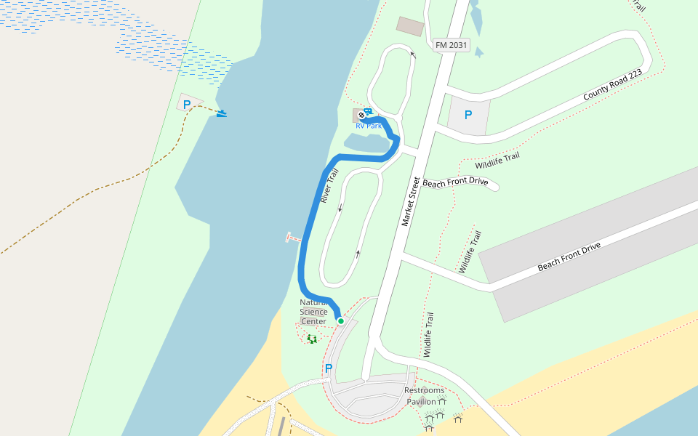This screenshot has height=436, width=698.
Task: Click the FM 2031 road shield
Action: (451, 46)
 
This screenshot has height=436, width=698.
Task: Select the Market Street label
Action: (412, 201)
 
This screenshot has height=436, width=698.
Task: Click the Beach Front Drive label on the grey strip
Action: (569, 257)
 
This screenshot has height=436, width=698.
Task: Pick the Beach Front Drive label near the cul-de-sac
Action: (455, 182)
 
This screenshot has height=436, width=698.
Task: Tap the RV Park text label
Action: (369, 126)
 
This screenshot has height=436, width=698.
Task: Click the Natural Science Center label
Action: (313, 312)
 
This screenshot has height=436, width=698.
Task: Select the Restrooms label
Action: (424, 390)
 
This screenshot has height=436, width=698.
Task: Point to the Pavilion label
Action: (421, 401)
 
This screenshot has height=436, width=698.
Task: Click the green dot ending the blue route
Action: (340, 320)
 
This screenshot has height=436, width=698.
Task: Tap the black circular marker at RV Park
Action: (361, 113)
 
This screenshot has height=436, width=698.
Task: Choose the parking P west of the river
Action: (187, 104)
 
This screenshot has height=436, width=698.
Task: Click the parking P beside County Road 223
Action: (468, 115)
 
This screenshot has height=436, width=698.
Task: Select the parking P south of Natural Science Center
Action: (328, 368)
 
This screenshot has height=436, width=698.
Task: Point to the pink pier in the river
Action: (293, 237)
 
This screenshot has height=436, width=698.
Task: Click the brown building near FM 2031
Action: (410, 26)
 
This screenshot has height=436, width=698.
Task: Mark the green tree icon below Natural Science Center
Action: (312, 338)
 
